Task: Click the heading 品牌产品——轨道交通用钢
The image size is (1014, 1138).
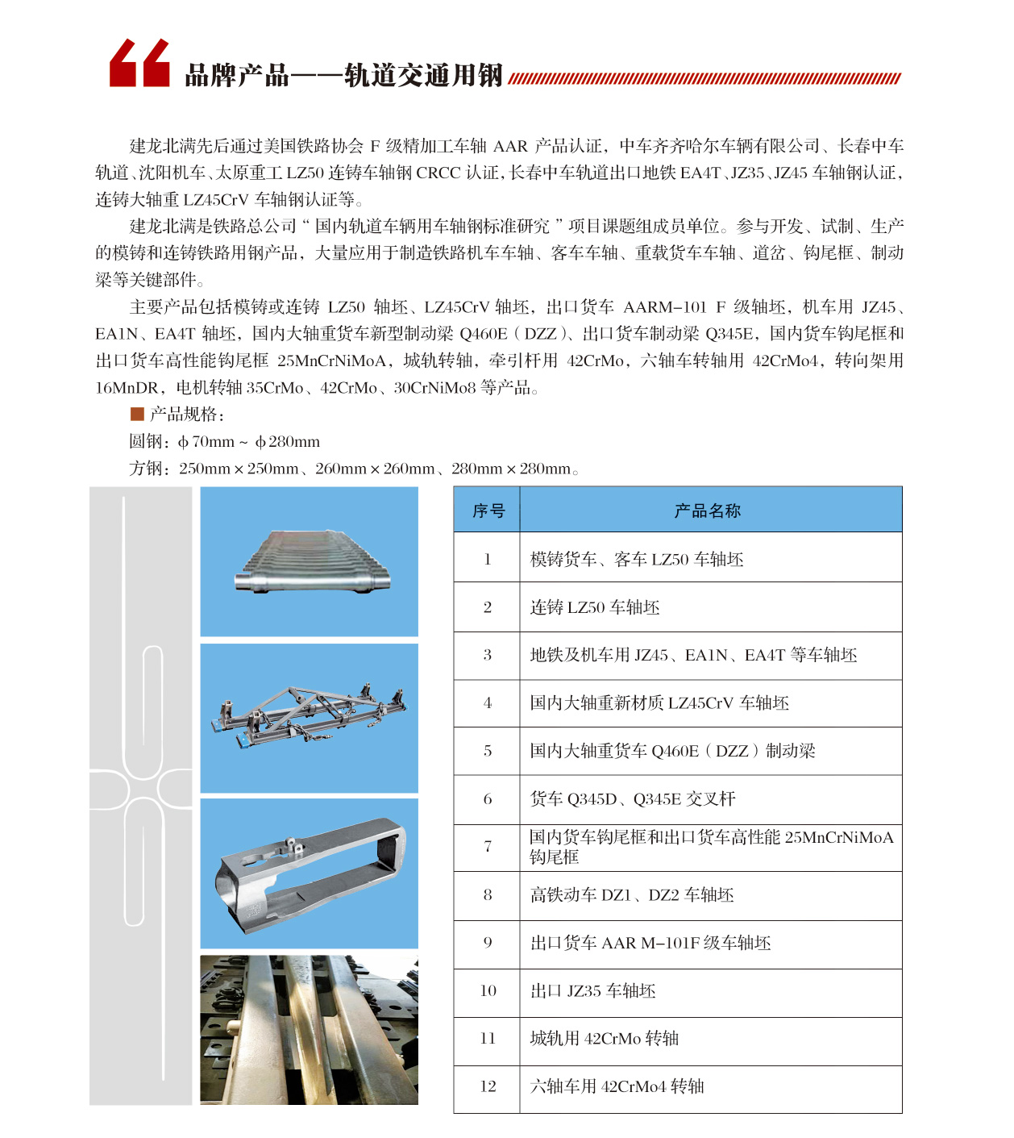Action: point(343,76)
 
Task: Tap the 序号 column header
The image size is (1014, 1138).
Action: point(487,511)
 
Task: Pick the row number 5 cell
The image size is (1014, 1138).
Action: point(487,752)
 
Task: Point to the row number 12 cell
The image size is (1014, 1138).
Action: point(487,1086)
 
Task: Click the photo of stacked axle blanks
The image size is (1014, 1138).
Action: point(310,561)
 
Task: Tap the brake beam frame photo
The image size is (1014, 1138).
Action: point(310,718)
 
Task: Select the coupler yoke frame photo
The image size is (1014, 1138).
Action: point(310,873)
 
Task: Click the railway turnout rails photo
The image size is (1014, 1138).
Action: point(310,1029)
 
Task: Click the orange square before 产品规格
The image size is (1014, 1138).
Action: point(137,415)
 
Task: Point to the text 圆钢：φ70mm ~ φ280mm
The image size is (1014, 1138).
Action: point(225,442)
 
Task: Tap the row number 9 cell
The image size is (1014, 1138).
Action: point(487,943)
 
